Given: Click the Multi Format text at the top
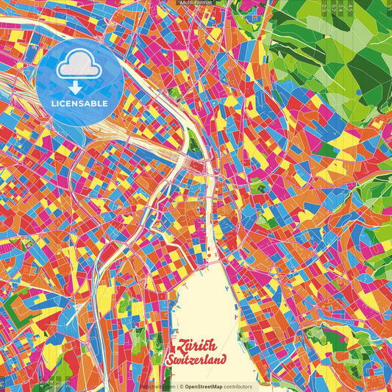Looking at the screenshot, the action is point(196,3).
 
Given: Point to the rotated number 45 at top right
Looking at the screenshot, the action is point(351,8).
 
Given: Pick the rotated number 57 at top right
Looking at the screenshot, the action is point(360,8).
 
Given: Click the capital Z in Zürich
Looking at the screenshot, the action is point(174,346).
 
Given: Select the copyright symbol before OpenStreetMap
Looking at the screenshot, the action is point(181,386).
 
